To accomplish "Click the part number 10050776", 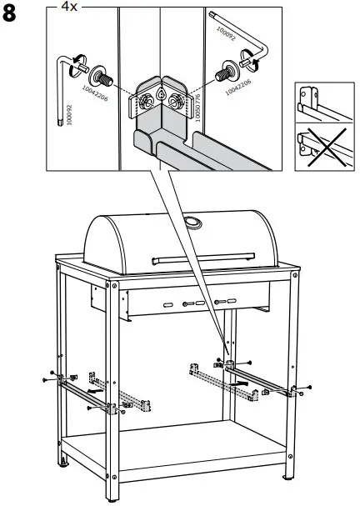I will coord(197,109).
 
